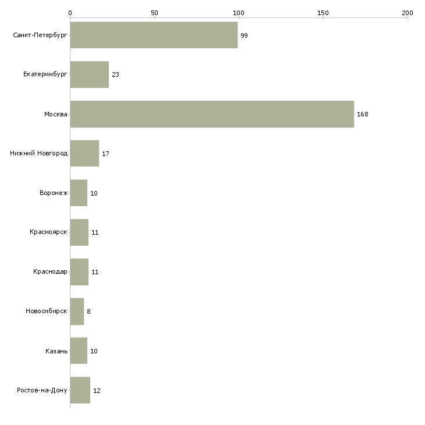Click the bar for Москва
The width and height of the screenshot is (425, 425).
[212, 114]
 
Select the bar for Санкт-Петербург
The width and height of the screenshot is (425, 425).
[154, 35]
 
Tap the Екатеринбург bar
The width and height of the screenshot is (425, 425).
[90, 75]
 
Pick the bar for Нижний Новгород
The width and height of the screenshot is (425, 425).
[84, 154]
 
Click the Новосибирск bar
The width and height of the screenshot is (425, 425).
[77, 311]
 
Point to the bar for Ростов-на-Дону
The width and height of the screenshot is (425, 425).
[80, 390]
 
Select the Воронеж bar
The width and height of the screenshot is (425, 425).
[79, 193]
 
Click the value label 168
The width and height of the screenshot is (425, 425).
[362, 114]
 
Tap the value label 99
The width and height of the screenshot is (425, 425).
[244, 36]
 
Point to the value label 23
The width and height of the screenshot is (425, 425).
[115, 75]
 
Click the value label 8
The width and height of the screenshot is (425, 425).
[88, 311]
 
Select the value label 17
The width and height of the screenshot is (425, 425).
[105, 154]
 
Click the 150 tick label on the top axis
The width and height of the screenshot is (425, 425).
[323, 13]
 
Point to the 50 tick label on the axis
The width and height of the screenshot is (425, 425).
[154, 13]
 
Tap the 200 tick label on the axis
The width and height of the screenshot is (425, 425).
[408, 13]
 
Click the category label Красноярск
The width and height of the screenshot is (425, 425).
[48, 232]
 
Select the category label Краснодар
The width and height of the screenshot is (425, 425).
[50, 271]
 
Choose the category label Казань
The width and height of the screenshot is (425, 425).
[56, 351]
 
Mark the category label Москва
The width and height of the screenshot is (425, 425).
[55, 114]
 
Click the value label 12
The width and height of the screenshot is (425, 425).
[97, 391]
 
